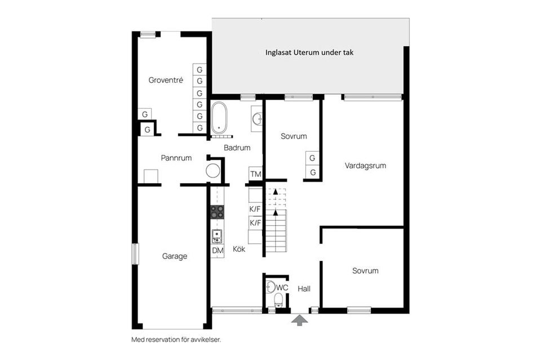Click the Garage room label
175,256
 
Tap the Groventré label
166,80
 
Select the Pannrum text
176,158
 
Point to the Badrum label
237,148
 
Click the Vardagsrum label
365,166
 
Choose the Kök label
239,249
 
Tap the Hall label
304,288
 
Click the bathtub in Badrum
219,118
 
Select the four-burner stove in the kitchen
218,212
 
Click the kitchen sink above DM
217,237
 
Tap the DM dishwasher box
218,251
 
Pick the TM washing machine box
256,174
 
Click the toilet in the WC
278,300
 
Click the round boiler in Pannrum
213,171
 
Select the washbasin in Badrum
257,119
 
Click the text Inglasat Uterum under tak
309,52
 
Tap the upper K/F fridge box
255,209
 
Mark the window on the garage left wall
135,254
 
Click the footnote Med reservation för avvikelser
176,340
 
